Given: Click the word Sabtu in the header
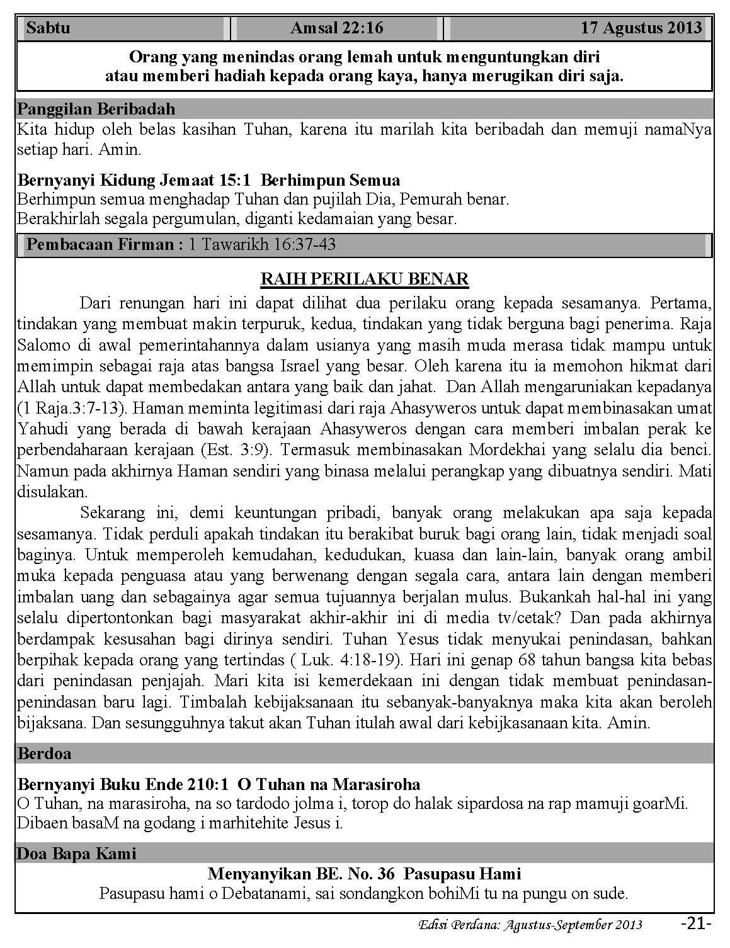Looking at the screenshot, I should (48, 28).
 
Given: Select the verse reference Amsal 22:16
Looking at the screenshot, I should (337, 28).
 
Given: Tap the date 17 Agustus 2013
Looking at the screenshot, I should (641, 28).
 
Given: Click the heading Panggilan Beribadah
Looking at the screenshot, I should (96, 109).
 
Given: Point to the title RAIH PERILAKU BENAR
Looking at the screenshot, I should (365, 279).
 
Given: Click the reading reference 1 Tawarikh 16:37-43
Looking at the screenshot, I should (262, 244).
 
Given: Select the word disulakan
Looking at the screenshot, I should (52, 491).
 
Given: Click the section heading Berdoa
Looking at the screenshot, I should (45, 753).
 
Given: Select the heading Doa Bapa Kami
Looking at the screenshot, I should (77, 854).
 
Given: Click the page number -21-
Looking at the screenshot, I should (696, 923).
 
